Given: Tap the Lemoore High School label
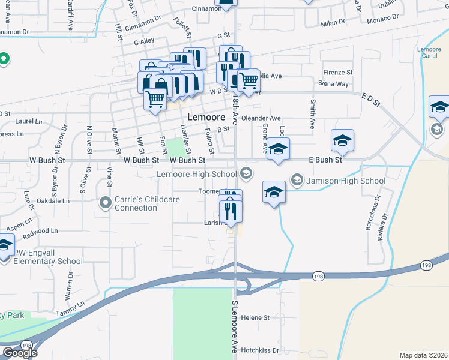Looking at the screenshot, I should coord(197,175).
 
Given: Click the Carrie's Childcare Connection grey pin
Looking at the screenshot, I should coord(106,202).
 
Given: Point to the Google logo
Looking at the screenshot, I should coord(19,352).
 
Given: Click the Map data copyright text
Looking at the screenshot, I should coord(423,355).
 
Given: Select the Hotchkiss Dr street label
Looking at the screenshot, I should coord(260,350).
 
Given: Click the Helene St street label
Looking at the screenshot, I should coord(255,317).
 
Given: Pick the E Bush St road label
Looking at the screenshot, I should coord(325,160).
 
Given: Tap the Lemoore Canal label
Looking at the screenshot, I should coord(430,53).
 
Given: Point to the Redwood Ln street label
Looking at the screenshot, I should coord(41,230).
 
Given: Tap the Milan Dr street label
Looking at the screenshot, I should coord(333,22).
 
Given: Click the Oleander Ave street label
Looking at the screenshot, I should coord(261,118).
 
